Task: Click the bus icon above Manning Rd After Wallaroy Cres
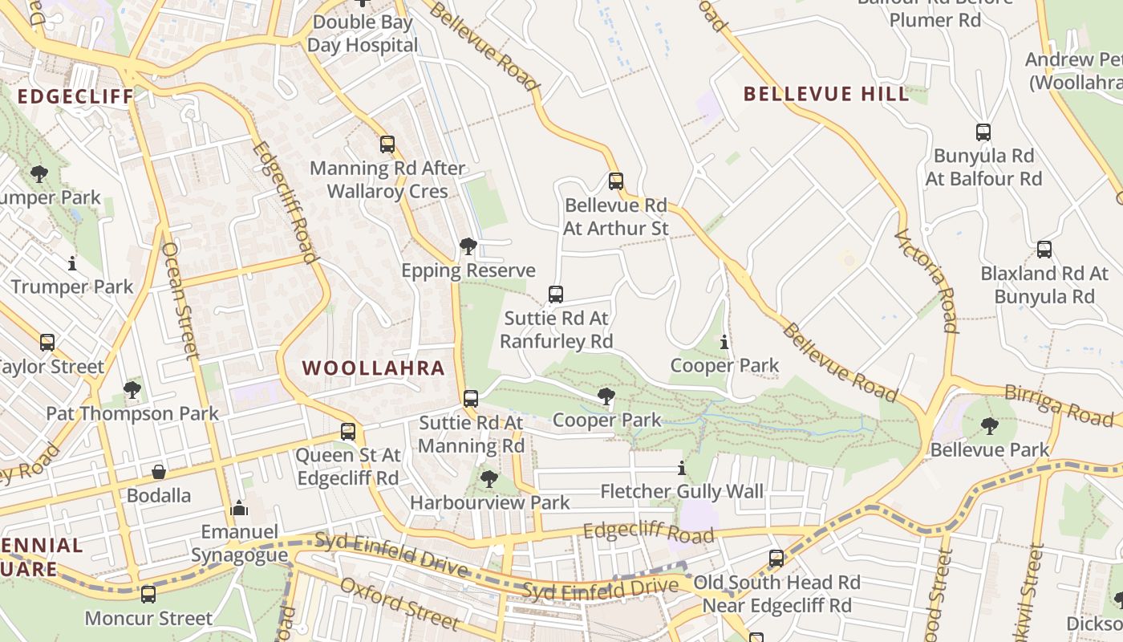[387, 144]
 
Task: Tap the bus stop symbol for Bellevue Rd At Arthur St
[615, 181]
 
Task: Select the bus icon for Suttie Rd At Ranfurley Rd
[556, 295]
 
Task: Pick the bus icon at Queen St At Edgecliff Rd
[348, 432]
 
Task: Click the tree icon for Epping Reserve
[468, 246]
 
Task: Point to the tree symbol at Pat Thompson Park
[132, 390]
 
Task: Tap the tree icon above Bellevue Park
[990, 426]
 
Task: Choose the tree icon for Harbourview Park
[489, 479]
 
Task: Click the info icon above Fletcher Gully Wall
[682, 468]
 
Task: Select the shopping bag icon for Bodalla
[159, 472]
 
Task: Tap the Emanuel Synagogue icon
[239, 508]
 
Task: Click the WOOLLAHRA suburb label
[373, 368]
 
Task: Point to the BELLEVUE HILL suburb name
[826, 94]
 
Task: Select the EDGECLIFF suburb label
[75, 97]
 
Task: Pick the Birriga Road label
[1059, 404]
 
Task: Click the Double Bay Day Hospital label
[363, 34]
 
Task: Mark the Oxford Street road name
[399, 603]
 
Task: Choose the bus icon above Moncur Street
[148, 595]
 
